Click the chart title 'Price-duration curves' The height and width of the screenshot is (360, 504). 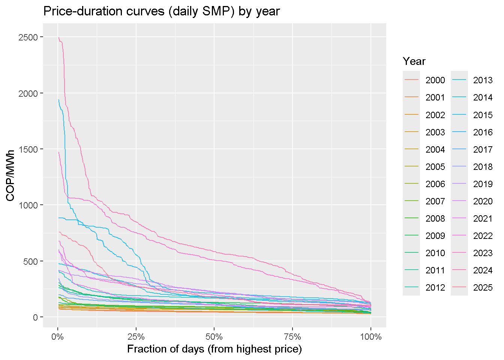point(161,11)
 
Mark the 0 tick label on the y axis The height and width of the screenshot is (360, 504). point(36,317)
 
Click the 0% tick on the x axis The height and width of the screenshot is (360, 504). point(58,336)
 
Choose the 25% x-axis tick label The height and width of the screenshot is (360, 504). point(136,336)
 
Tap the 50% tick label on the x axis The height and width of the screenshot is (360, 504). point(214,336)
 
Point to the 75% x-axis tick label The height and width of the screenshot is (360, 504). point(292,336)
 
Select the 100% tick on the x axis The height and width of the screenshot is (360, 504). point(371,336)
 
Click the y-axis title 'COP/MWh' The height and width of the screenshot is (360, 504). point(10,175)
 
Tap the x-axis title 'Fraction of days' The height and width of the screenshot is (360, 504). point(214,349)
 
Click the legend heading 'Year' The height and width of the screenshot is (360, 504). point(414,61)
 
